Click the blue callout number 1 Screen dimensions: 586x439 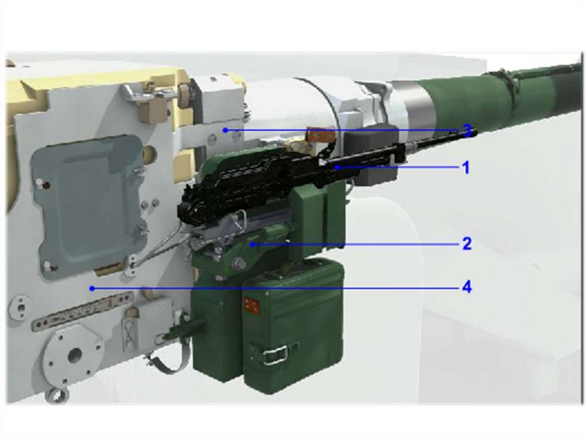click(466, 168)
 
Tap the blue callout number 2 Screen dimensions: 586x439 click(467, 244)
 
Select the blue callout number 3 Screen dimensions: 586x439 click(467, 130)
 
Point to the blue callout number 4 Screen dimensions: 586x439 click(467, 287)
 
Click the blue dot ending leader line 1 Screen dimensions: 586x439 click(337, 168)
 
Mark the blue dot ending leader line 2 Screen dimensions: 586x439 click(253, 244)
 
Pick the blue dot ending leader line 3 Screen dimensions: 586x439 click(225, 130)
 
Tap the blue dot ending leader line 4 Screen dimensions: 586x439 click(92, 288)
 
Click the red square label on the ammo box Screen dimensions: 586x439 click(251, 304)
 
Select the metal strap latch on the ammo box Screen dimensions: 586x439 click(279, 353)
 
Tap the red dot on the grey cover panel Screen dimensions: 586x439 click(47, 185)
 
